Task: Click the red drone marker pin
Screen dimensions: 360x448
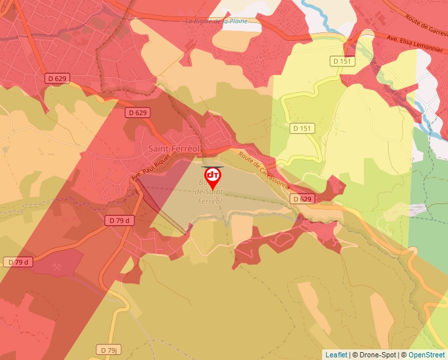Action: coord(213,177)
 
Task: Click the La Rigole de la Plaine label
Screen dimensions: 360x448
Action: coord(217,21)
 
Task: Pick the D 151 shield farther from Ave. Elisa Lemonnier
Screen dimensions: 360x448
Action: coord(302,128)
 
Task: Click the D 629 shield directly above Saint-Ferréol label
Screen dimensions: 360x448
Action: coord(138,113)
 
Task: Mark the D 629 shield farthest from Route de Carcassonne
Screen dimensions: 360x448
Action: coord(57,78)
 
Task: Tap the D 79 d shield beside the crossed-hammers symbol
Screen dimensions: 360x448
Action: coord(19,262)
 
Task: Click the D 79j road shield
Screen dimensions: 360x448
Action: coord(109,349)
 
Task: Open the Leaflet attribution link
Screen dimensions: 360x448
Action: coord(336,355)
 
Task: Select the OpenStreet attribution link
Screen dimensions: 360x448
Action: coord(426,355)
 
